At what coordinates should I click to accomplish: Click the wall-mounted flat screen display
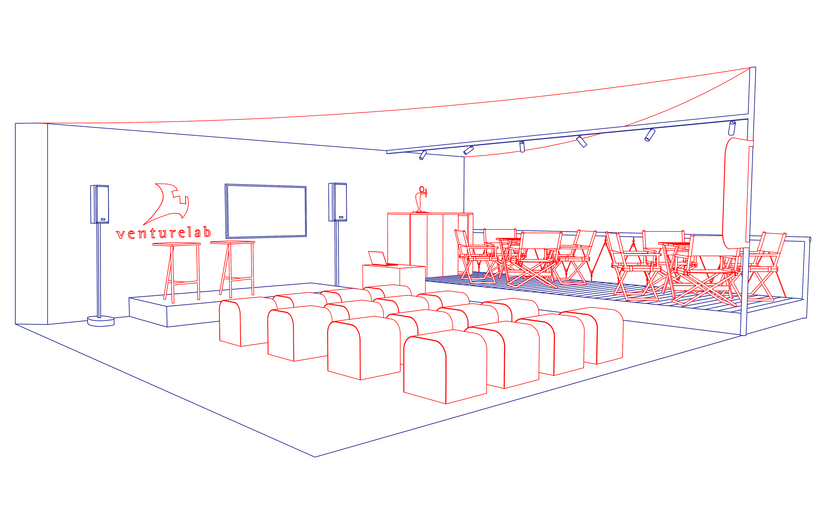click(x=266, y=211)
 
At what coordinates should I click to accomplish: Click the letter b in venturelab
click(x=207, y=232)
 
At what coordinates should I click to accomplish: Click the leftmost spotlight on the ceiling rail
click(x=423, y=155)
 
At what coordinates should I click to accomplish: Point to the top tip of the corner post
click(x=753, y=68)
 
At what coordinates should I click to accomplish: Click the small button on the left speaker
click(x=103, y=219)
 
